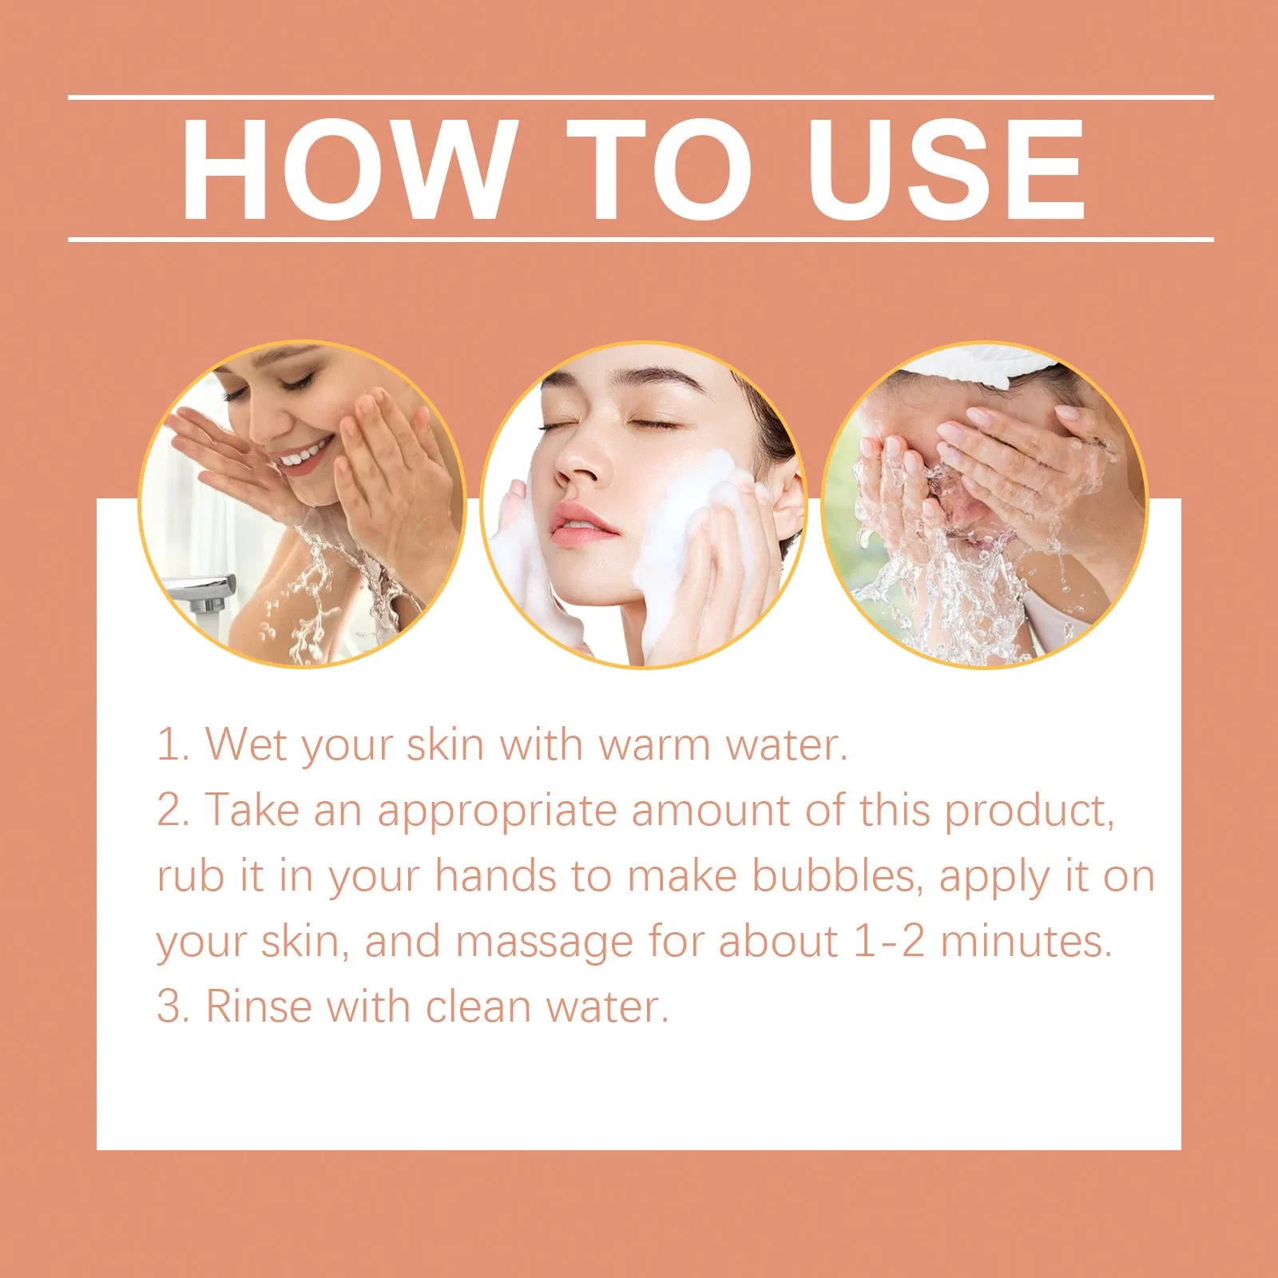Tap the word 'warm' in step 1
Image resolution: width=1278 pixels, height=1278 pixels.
point(654,746)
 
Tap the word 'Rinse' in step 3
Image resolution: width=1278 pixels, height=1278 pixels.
point(260,1006)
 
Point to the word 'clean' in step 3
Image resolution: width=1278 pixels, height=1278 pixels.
point(478,1006)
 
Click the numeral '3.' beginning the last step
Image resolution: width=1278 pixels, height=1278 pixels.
point(173,1006)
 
